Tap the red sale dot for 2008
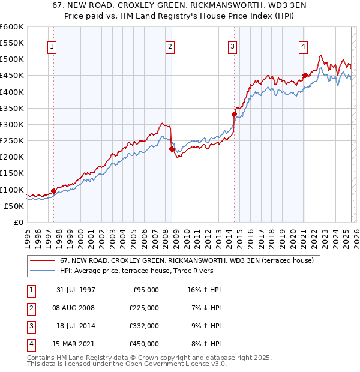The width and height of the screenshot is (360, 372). [172, 149]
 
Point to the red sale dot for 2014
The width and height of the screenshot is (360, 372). [235, 114]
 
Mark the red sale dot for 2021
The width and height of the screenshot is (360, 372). [305, 75]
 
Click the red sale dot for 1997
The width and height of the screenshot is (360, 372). [54, 191]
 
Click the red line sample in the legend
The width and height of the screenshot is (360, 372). [43, 261]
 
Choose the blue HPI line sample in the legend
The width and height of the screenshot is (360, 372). [43, 271]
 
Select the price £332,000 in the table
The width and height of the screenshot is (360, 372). [145, 326]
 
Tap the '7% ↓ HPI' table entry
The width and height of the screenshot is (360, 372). [205, 308]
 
